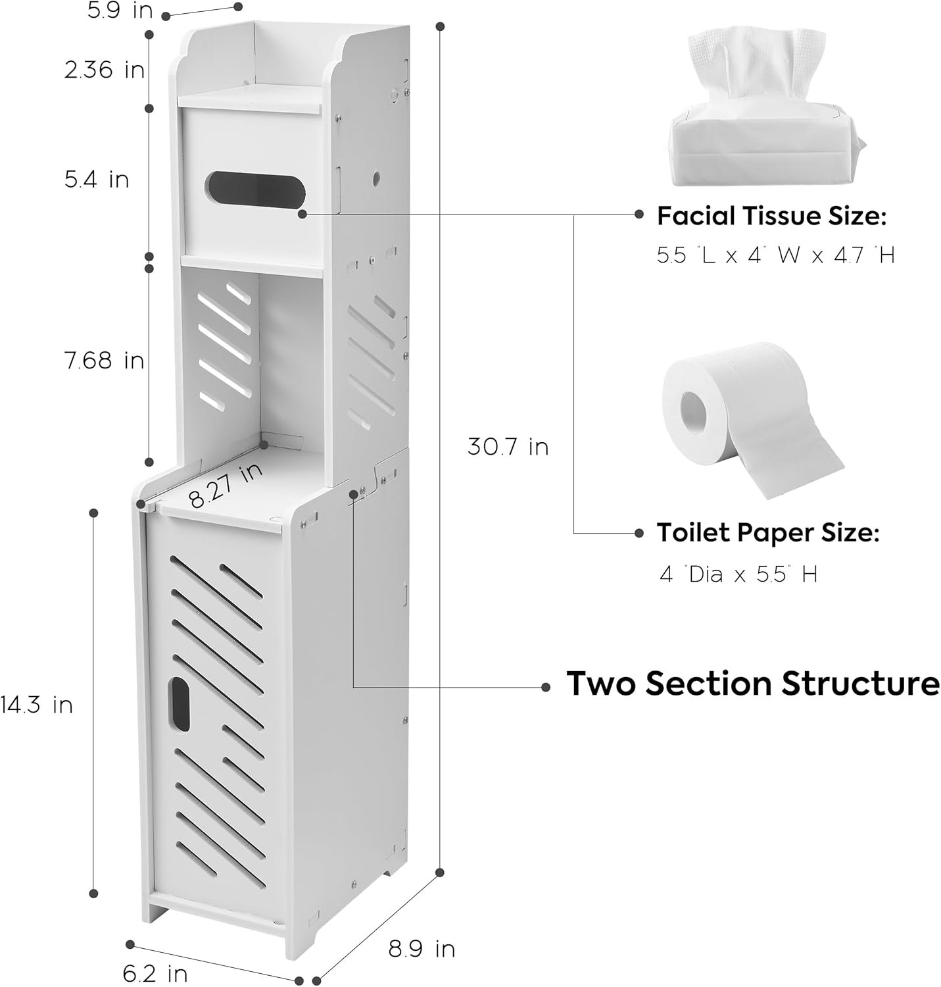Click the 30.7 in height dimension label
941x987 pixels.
click(x=508, y=446)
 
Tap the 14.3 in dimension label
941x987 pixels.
click(x=37, y=705)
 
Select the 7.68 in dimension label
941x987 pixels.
click(x=104, y=361)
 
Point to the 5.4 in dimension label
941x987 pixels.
click(x=97, y=179)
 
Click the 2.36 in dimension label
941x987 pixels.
click(x=105, y=69)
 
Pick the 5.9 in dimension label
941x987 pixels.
click(x=120, y=11)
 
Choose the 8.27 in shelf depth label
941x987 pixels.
click(x=226, y=486)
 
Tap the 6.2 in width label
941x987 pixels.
click(x=155, y=974)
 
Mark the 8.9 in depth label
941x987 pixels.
click(x=422, y=949)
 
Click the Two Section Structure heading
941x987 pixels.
click(x=753, y=683)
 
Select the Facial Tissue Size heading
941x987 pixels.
click(x=772, y=216)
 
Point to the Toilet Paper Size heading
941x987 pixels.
click(x=768, y=532)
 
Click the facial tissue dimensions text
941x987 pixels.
click(x=776, y=255)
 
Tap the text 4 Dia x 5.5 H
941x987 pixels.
click(x=738, y=573)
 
